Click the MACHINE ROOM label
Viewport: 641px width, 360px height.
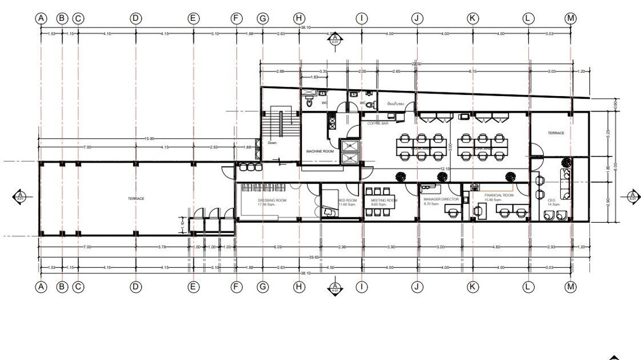(x=320, y=151)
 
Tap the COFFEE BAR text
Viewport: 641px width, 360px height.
(x=377, y=123)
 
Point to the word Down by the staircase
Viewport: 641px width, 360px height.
(x=272, y=143)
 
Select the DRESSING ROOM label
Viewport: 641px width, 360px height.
(x=272, y=200)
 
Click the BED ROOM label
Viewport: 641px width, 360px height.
(x=347, y=200)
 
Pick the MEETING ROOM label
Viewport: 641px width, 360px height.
(x=384, y=200)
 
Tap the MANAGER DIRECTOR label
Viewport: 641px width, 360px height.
(x=441, y=199)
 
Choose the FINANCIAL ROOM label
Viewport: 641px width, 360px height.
(x=499, y=195)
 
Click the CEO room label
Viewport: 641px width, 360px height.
(x=551, y=200)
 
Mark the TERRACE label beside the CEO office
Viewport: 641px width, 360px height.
(x=556, y=132)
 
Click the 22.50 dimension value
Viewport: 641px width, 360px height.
(x=416, y=64)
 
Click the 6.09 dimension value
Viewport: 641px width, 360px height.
(x=278, y=247)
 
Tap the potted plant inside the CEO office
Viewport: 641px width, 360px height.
(x=566, y=161)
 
